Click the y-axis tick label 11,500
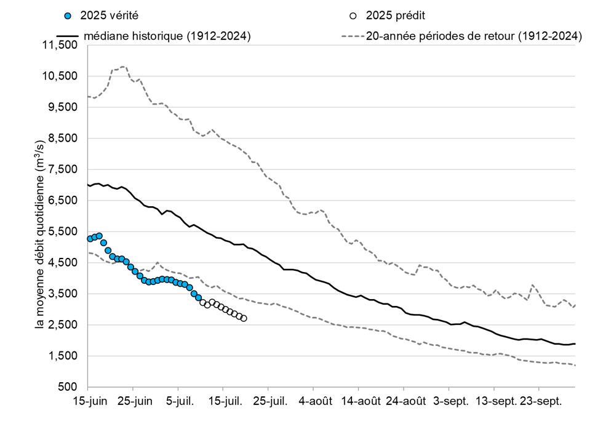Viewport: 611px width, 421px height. point(61,45)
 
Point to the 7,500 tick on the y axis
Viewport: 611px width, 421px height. point(63,169)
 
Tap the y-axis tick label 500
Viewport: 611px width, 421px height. point(69,387)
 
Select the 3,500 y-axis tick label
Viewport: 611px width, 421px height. point(63,294)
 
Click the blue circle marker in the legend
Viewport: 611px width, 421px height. point(68,15)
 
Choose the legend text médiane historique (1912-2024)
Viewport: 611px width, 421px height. point(166,36)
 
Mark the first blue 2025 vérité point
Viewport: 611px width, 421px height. point(90,238)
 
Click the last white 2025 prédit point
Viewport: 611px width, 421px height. point(244,318)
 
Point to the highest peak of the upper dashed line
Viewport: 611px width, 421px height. point(123,66)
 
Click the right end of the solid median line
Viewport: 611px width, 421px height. point(575,343)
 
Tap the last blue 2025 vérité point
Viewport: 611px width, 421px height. point(199,298)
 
